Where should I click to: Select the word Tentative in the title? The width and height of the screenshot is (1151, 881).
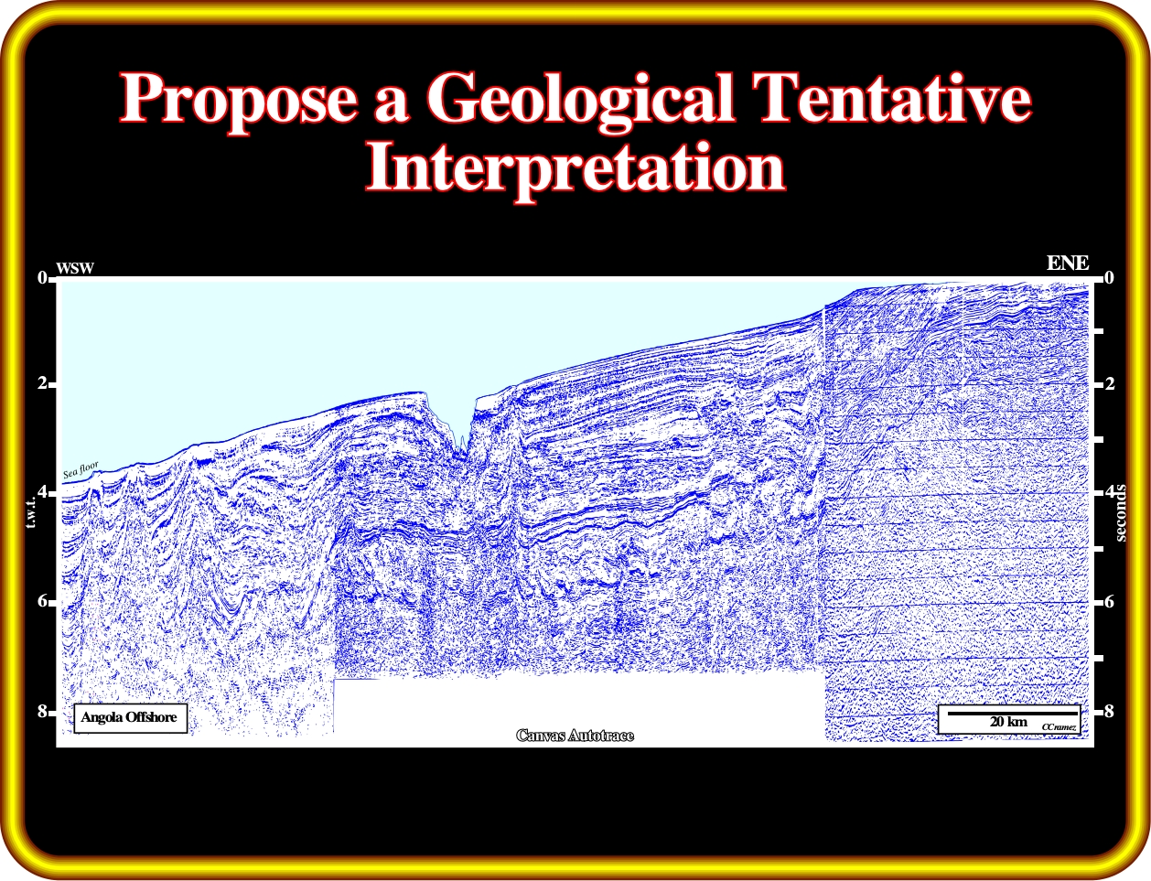[894, 98]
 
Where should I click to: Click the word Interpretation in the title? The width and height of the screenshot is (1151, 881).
[575, 168]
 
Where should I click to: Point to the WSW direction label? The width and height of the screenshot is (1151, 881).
[75, 268]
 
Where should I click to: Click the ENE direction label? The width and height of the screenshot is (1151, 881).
[1068, 263]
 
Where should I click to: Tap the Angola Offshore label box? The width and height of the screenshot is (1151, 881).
[130, 718]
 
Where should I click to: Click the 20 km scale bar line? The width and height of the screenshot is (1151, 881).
[1012, 714]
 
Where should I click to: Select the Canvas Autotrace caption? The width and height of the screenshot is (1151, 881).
[575, 736]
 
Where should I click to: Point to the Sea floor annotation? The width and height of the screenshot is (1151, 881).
[81, 469]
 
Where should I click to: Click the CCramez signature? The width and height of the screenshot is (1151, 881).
[1059, 727]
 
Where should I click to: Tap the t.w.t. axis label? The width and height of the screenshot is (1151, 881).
[31, 513]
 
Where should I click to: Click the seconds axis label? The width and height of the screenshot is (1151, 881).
[1120, 512]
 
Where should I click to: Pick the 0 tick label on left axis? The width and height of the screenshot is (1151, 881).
[42, 277]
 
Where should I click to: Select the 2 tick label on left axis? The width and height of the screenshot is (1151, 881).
[42, 382]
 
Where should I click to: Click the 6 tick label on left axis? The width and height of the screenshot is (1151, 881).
[42, 601]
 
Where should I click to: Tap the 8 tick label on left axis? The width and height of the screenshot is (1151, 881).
[42, 711]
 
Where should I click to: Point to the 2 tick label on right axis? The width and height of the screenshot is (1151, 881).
[1110, 382]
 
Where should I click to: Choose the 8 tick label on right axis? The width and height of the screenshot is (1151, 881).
[1110, 711]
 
